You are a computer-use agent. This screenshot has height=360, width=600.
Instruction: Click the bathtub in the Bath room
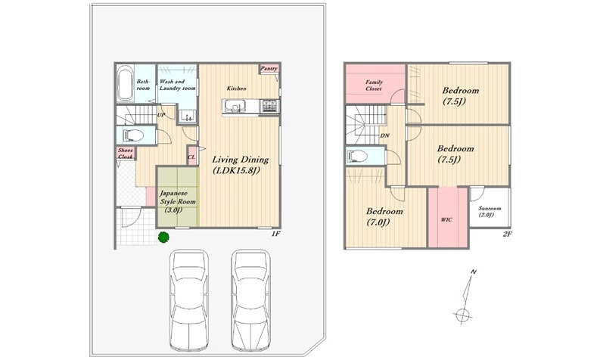[x=125, y=83]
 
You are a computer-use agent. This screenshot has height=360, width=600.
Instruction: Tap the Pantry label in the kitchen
[x=269, y=69]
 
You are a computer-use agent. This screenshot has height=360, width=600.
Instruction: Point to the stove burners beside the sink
[x=270, y=106]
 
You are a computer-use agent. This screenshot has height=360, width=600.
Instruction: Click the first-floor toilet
[x=132, y=135]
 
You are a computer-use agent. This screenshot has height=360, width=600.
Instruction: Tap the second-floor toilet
[x=357, y=156]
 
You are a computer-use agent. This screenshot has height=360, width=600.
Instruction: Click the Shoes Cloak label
[x=126, y=154]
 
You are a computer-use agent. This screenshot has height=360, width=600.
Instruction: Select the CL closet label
[x=191, y=157]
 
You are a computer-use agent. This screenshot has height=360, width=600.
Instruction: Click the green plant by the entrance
[x=163, y=237]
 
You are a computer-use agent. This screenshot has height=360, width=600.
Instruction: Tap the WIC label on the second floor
[x=446, y=219]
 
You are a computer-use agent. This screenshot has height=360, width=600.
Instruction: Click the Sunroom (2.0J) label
[x=490, y=212]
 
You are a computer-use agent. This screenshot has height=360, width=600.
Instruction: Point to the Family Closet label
[x=374, y=85]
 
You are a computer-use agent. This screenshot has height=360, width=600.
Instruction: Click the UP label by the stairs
[x=161, y=114]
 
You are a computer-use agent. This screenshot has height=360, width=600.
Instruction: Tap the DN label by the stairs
[x=385, y=135]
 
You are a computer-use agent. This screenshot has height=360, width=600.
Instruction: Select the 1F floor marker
[x=275, y=234]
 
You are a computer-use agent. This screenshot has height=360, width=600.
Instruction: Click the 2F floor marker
[x=507, y=234]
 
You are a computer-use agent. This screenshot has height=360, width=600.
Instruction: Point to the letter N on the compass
[x=474, y=272]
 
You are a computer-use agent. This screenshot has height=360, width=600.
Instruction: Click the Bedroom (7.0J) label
[x=384, y=216]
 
